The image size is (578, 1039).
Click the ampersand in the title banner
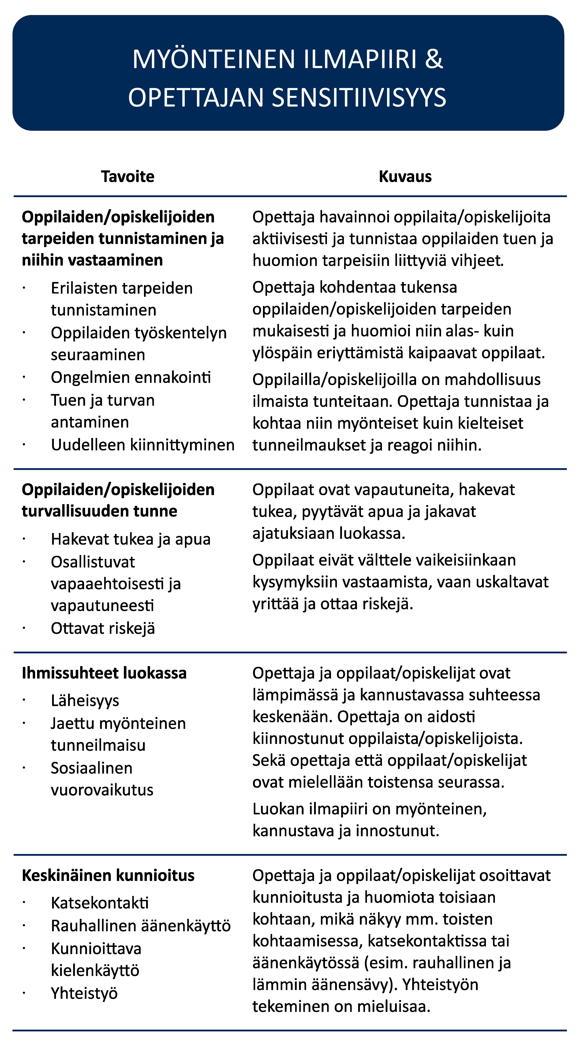coord(434,59)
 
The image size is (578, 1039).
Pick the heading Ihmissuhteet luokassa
coord(104,673)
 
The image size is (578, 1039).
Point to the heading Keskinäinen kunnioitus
coord(108,876)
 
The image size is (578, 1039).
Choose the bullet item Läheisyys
coord(85,701)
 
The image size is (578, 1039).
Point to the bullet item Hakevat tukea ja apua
coord(131,539)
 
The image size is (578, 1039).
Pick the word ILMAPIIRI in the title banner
coord(360,59)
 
